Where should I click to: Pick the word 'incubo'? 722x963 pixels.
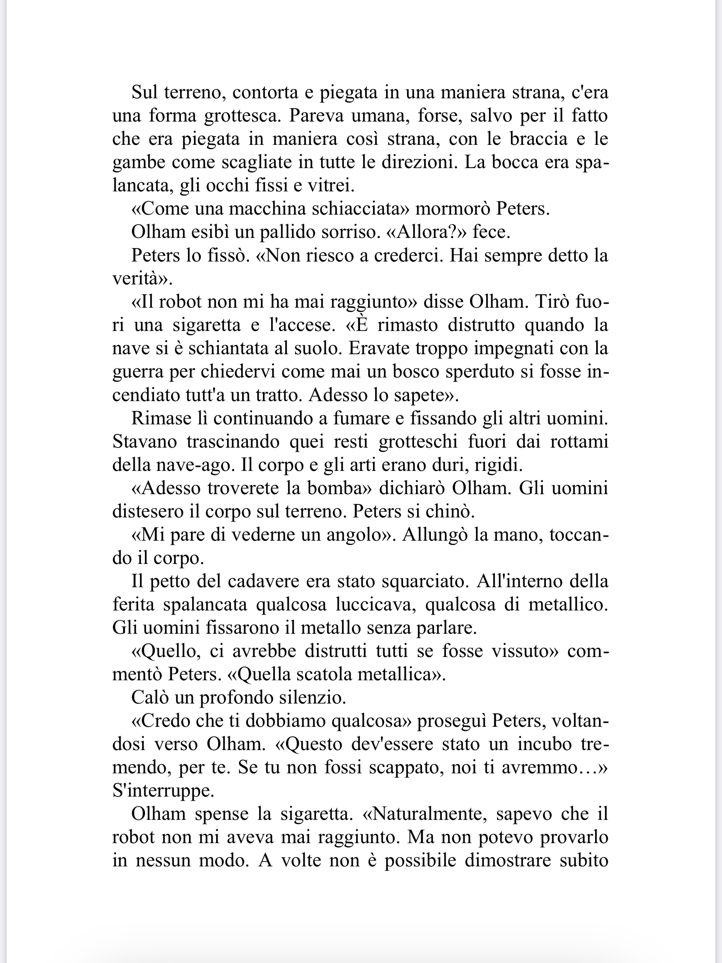coord(545,744)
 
